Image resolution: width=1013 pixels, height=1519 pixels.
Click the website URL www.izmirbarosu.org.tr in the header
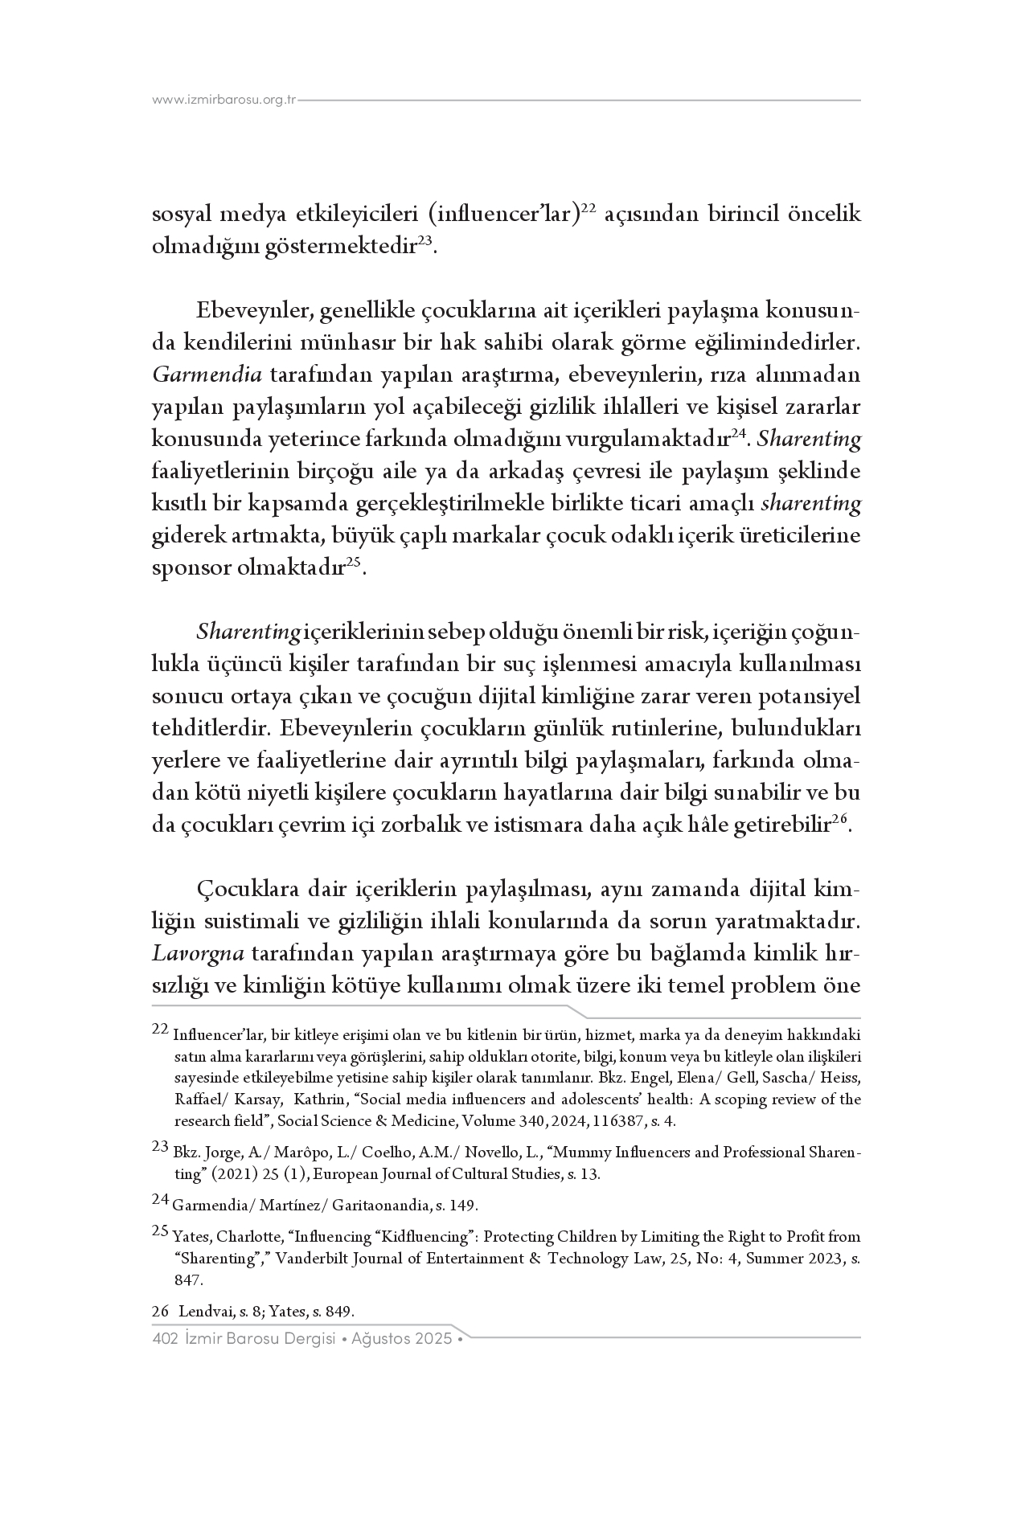click(224, 100)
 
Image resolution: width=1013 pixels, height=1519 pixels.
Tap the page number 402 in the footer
click(164, 1339)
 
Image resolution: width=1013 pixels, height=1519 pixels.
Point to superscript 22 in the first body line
click(588, 208)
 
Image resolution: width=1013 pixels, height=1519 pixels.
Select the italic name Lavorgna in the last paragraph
click(198, 954)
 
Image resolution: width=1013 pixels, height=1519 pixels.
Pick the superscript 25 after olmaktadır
click(355, 562)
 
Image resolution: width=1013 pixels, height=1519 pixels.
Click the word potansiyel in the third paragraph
click(821, 697)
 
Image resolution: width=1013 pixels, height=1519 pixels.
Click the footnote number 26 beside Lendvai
click(160, 1312)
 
